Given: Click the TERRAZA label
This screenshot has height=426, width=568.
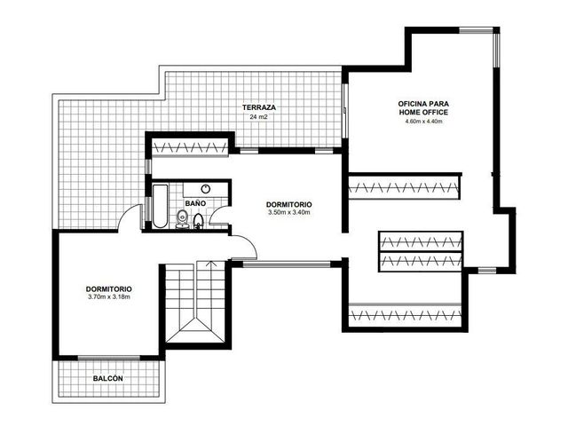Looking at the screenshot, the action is [259, 107].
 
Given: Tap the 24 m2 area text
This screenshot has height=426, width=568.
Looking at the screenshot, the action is [258, 117].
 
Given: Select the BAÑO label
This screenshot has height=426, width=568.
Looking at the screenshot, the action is [195, 203].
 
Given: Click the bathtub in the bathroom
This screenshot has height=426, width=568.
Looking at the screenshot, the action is [160, 206].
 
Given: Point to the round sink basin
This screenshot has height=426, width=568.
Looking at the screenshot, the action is [206, 188].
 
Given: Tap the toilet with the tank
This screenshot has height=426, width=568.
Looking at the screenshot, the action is [182, 220].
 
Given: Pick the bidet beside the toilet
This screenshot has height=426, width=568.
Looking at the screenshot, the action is [198, 221].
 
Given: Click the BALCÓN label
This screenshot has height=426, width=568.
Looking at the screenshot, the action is [108, 379].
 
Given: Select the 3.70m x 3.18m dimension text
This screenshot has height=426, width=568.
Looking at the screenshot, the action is [108, 297].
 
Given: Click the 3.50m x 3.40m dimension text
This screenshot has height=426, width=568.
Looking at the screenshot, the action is [289, 213].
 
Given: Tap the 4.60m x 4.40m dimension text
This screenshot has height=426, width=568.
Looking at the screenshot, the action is [423, 122].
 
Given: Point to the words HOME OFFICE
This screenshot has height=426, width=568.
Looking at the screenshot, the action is [423, 113].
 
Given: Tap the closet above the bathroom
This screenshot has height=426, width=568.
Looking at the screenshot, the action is [190, 147].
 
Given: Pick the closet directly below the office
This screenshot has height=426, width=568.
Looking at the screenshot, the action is [404, 187].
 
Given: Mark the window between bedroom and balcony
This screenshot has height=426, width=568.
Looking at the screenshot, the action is [109, 358].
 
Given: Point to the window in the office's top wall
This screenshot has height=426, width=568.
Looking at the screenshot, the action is [477, 30].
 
